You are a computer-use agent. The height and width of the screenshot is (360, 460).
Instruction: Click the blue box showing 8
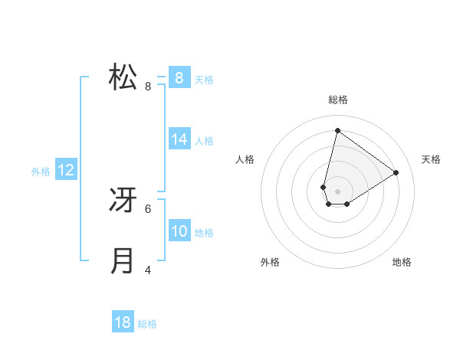click(179, 77)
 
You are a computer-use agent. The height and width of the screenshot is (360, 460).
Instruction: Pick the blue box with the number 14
click(179, 139)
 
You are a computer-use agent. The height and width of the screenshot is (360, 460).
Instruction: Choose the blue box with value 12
click(66, 170)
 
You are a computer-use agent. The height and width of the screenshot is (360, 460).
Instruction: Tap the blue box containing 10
click(179, 231)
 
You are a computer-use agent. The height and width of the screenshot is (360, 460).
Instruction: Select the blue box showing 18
click(123, 322)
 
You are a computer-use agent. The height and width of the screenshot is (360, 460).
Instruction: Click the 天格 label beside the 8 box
click(204, 79)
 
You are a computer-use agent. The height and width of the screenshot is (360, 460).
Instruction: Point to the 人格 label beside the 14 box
click(204, 141)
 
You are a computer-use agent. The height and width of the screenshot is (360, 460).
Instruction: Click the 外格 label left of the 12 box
click(41, 172)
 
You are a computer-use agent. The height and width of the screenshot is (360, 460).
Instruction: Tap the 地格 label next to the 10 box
click(204, 233)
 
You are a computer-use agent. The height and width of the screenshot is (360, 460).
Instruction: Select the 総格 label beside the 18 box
click(147, 325)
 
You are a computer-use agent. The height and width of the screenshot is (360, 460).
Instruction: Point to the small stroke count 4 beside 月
click(148, 270)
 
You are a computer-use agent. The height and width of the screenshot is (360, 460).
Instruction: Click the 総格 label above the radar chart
click(337, 100)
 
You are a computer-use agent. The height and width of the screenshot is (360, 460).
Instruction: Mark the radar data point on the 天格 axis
click(396, 172)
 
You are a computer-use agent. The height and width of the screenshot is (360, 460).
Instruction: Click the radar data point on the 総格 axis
click(337, 131)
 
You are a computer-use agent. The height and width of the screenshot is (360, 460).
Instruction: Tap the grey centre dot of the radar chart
click(337, 191)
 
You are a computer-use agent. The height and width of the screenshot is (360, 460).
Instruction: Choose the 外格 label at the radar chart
click(270, 262)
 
